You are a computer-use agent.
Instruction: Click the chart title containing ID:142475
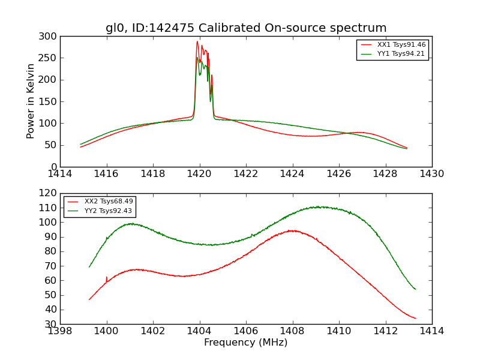click(246, 28)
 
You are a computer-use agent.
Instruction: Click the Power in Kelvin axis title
click(31, 101)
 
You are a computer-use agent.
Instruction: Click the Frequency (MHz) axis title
click(246, 343)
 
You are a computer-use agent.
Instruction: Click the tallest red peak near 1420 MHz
click(197, 41)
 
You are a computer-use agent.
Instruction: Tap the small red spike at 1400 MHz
click(106, 277)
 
